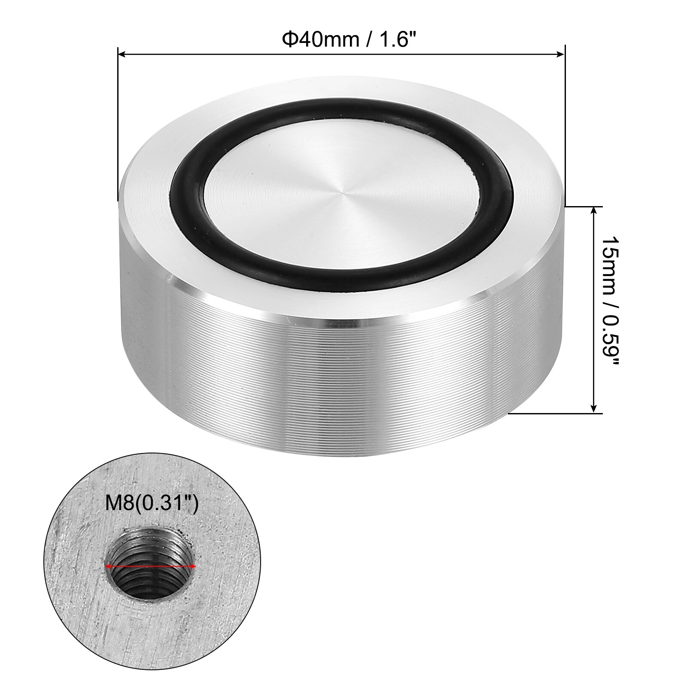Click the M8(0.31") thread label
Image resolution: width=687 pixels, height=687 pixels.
pyautogui.click(x=152, y=503)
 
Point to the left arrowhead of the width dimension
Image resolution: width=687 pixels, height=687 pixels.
pyautogui.click(x=122, y=54)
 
